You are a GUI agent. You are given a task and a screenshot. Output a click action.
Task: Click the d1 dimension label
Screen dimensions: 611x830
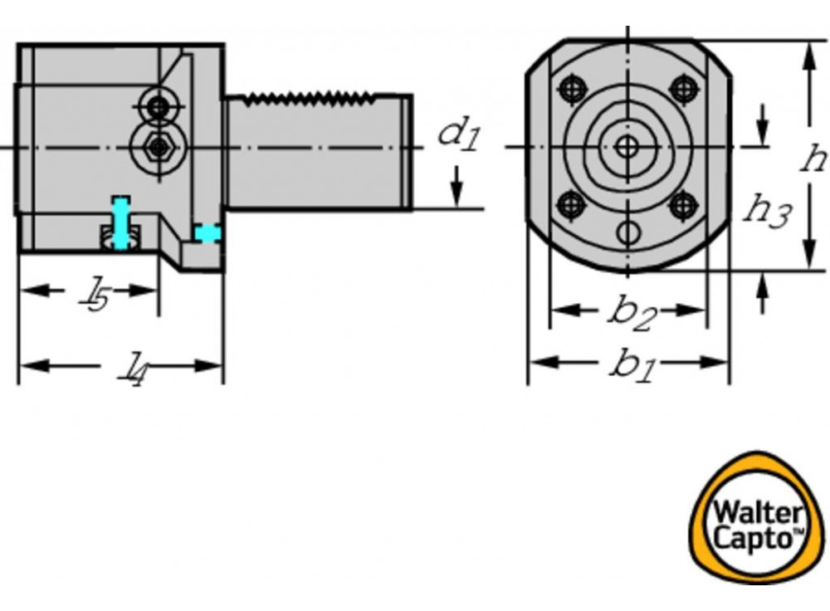(x=459, y=134)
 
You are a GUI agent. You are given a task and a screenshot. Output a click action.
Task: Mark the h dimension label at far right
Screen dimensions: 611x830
(x=813, y=157)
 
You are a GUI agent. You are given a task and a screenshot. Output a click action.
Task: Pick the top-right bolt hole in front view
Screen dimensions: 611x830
(x=683, y=88)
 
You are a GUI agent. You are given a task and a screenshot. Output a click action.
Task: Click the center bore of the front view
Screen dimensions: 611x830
(x=627, y=147)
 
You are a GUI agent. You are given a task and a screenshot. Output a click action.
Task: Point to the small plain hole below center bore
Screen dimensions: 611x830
(x=628, y=232)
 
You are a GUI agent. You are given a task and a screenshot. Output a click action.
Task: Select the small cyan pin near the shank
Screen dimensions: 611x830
(x=207, y=233)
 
